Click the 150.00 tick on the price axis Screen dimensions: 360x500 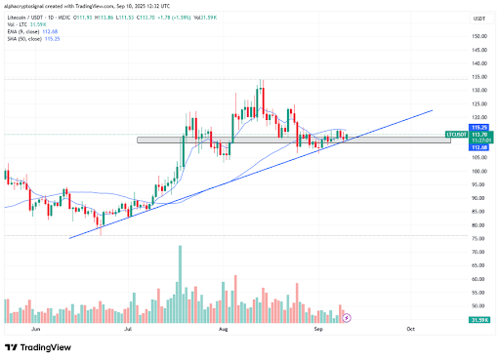pos(479,36)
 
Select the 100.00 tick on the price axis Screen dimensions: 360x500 pos(479,171)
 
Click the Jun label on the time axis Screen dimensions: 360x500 pos(36,331)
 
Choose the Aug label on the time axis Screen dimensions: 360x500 pos(224,331)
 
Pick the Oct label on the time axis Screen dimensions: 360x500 pos(410,331)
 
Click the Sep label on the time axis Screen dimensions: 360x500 pos(318,331)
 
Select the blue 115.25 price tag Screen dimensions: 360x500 pos(479,127)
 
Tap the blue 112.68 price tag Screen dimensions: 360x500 pos(479,146)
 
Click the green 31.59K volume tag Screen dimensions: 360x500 pos(479,319)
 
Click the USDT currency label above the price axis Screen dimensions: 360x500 pos(479,18)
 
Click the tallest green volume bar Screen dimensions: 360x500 pos(180,284)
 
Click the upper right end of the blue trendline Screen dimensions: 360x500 pos(431,110)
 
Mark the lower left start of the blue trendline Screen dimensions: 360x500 pos(69,237)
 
